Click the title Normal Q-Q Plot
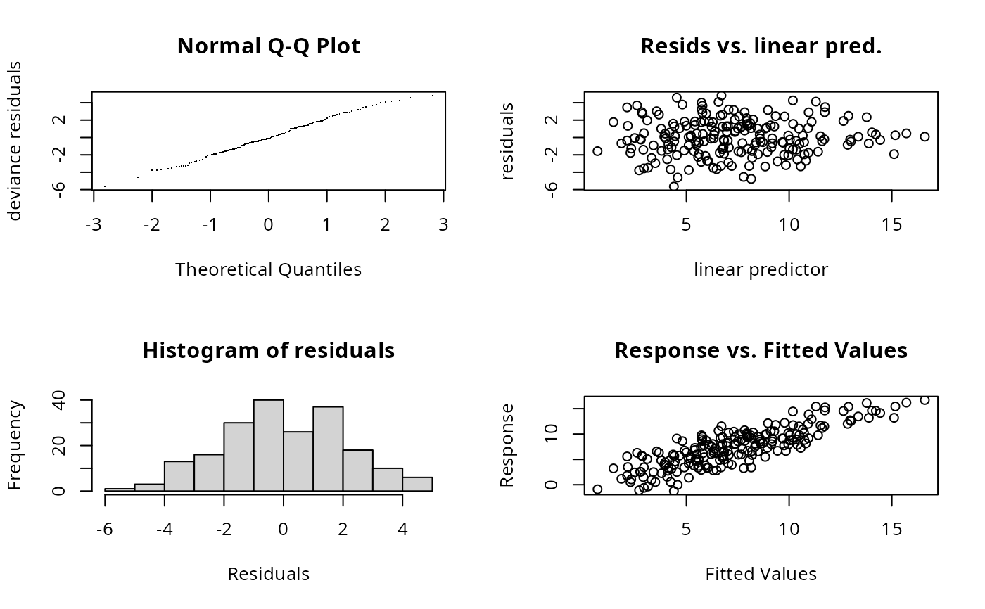269,46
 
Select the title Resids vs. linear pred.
761,46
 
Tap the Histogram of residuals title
269,351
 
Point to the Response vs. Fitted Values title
761,351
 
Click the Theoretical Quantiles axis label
269,269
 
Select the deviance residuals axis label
15,141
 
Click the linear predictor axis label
761,269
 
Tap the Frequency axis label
15,445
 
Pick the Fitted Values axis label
761,574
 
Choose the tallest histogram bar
269,445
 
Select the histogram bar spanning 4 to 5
417,484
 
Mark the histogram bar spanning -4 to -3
179,476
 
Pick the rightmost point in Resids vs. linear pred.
924,136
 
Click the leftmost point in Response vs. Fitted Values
597,489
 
